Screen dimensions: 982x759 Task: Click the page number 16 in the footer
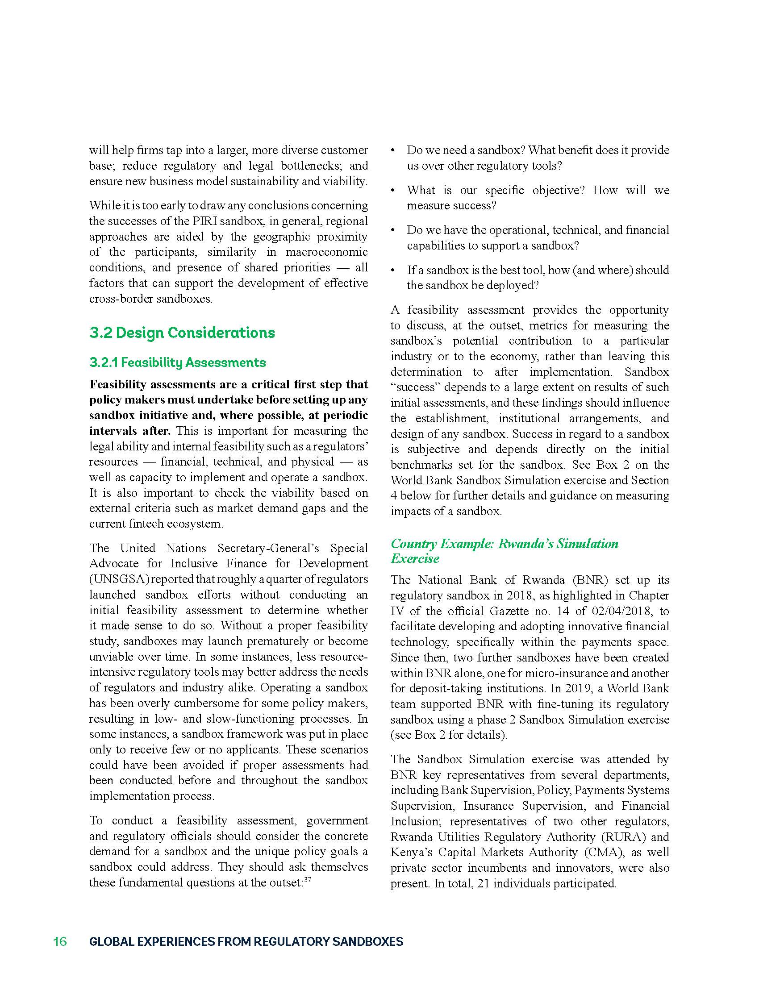tap(60, 941)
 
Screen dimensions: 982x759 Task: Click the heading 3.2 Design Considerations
tap(182, 333)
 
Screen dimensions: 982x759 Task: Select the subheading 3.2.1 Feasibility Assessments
tap(178, 363)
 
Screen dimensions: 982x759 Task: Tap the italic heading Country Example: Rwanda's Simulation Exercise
tap(504, 551)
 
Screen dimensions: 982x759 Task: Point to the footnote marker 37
tap(308, 880)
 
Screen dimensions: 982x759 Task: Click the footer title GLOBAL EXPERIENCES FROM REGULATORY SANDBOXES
tap(246, 941)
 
